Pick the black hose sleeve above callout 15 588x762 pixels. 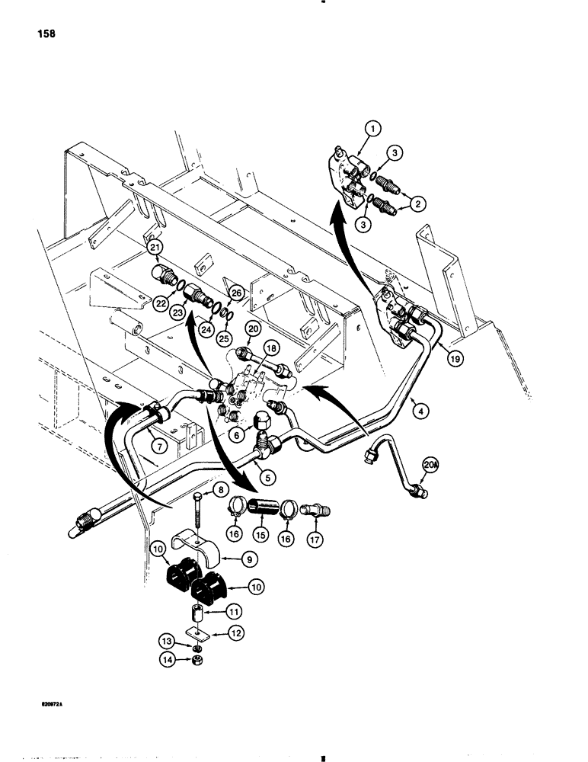coord(251,504)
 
